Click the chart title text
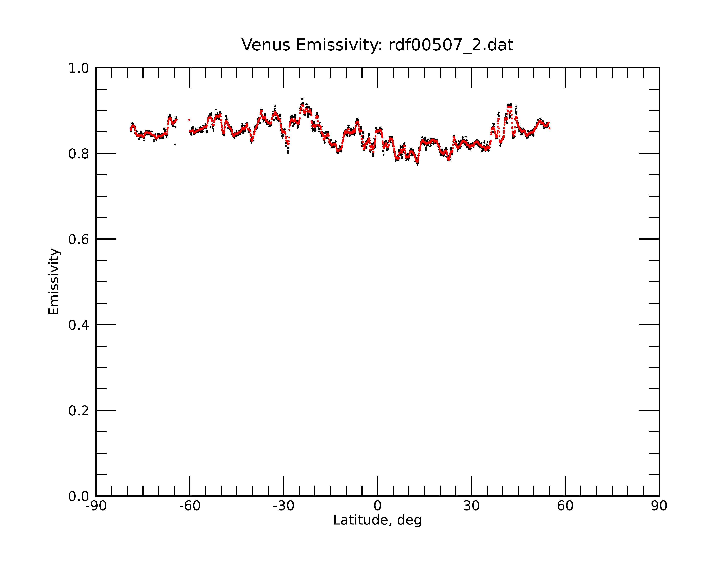coord(377,45)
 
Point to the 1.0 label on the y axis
coord(79,68)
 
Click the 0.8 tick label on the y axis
coord(79,154)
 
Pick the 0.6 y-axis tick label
coord(79,239)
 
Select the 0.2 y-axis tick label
coord(79,411)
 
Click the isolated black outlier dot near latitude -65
coord(175,144)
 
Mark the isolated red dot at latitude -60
coord(189,120)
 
